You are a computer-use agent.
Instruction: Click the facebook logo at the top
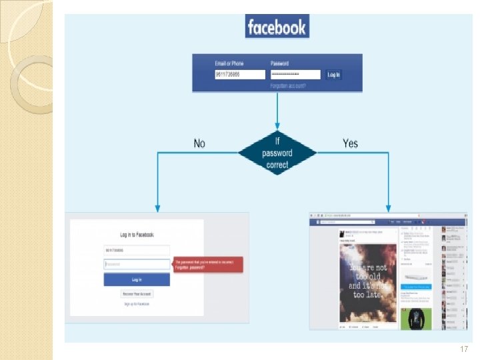pos(277,27)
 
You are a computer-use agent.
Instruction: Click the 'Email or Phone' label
pos(229,63)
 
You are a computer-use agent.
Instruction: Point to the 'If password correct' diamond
pos(277,153)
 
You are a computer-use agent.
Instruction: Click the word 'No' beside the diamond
pos(199,143)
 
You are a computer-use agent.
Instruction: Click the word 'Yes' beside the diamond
pos(350,143)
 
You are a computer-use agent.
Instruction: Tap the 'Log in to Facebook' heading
pos(137,235)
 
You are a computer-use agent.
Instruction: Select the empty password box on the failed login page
pos(137,264)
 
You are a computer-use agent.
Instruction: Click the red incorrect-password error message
pos(208,264)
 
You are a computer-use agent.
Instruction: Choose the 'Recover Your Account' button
pos(137,293)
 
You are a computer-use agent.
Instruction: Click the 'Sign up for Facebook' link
pos(137,304)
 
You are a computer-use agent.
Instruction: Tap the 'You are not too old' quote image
pos(368,283)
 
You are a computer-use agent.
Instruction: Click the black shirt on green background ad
pos(415,318)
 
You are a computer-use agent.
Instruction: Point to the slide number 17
pos(464,349)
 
